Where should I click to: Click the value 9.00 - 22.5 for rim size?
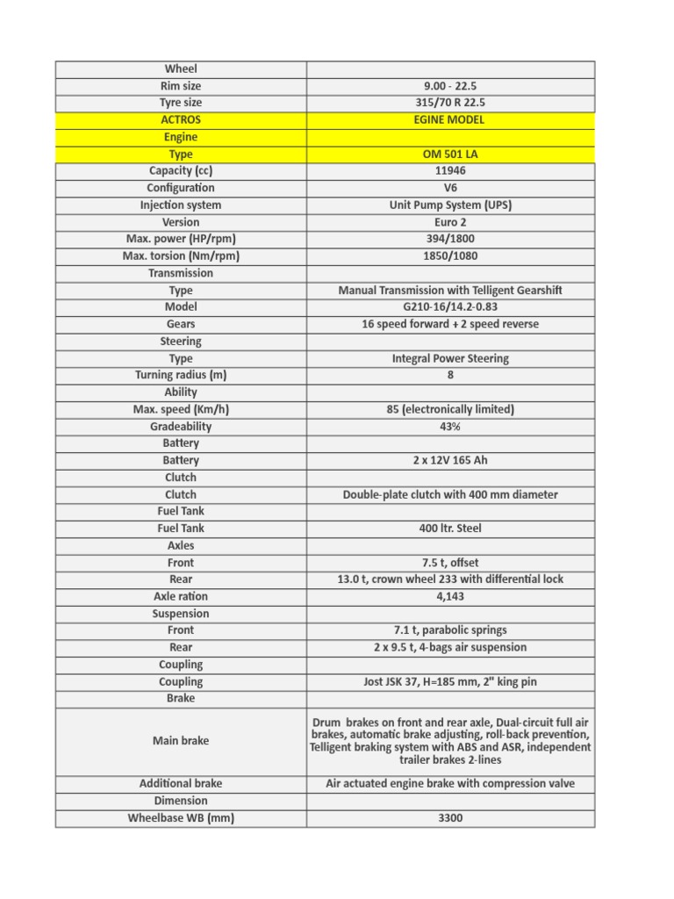450,86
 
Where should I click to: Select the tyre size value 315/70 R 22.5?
450,103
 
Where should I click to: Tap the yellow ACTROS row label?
181,119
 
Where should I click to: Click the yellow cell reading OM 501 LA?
450,154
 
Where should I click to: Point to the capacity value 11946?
450,170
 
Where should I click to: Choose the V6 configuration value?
450,188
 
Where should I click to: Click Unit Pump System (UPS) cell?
450,205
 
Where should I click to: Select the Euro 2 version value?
450,222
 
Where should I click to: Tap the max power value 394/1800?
450,239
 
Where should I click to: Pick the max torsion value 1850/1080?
450,256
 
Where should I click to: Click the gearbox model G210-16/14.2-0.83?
450,307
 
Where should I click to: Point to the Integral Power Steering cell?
450,358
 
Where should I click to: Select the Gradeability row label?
181,427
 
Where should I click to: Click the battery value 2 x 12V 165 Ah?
450,460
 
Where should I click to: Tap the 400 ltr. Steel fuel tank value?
450,529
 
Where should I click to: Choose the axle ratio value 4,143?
450,596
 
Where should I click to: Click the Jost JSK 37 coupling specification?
450,681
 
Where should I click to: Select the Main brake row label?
181,741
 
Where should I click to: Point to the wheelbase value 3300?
450,818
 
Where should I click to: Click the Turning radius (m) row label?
181,375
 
